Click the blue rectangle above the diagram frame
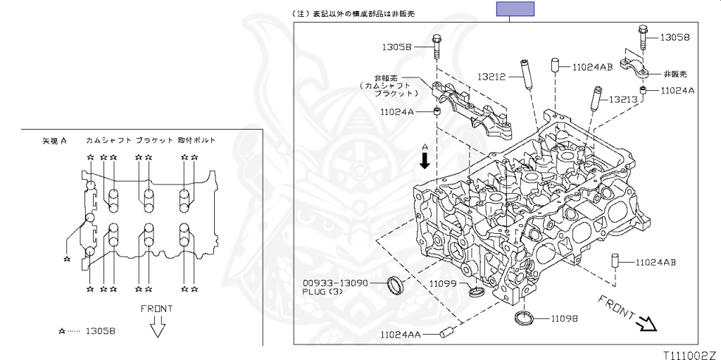515,8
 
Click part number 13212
490,77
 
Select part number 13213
623,99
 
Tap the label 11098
564,318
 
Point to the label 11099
444,284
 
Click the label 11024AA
401,335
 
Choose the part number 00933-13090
335,283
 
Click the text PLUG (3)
321,292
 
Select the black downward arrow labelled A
425,161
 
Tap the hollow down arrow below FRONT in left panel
157,328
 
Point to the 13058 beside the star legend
100,330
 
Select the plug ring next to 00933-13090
396,285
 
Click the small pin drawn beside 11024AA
446,332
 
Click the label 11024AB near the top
592,67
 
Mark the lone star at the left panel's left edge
67,259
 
